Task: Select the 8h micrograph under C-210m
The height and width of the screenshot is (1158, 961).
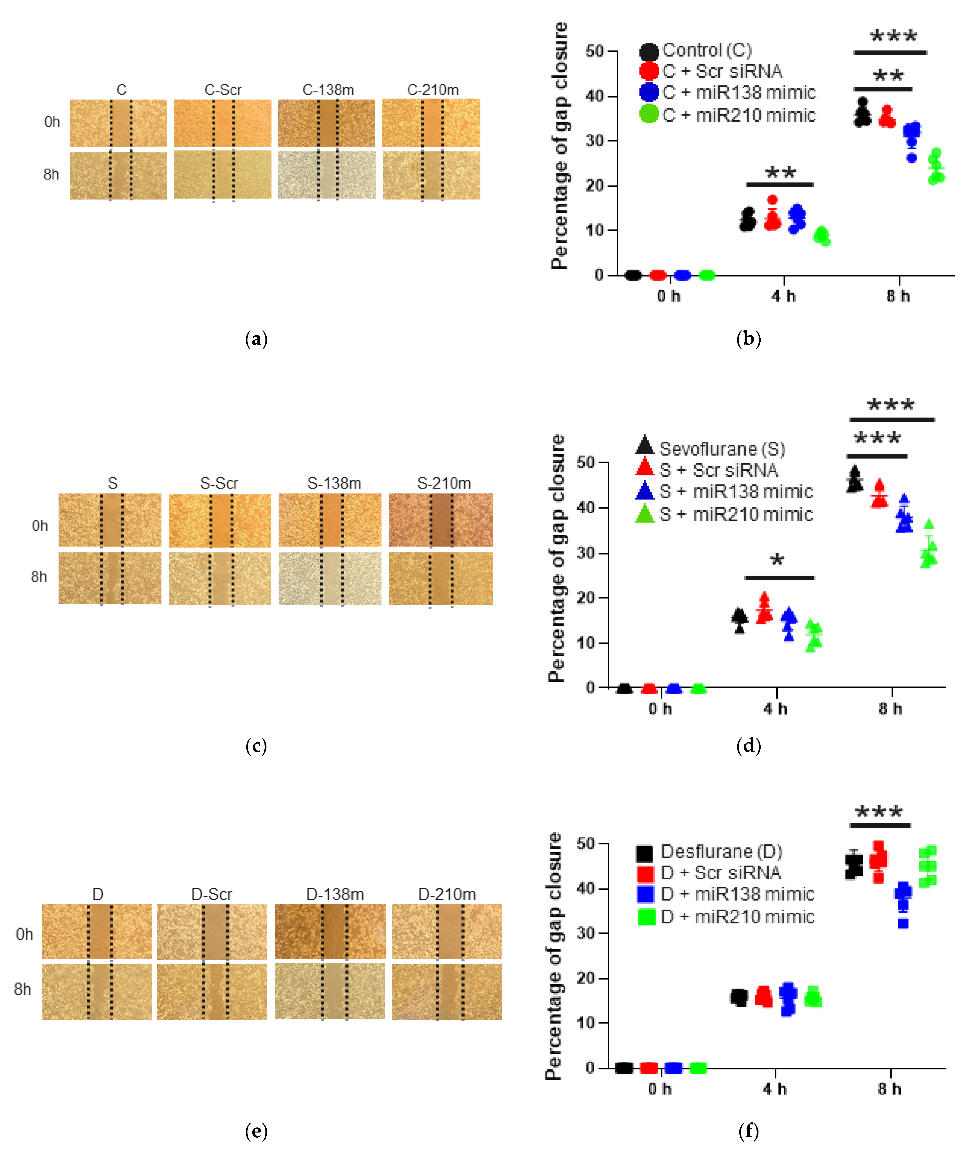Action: pos(431,175)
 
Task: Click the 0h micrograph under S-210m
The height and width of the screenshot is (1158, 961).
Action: pos(441,520)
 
